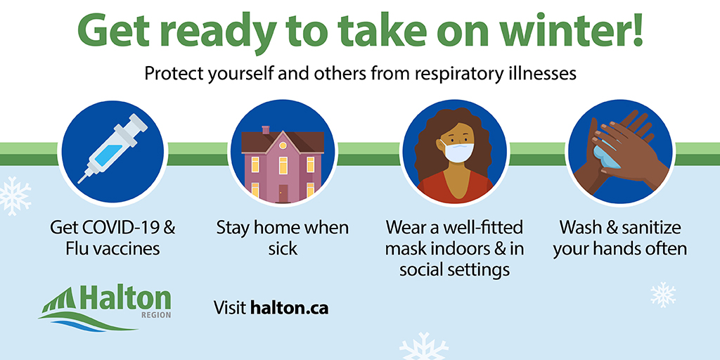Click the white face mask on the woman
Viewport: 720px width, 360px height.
[456, 151]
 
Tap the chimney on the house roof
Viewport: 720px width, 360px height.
[266, 130]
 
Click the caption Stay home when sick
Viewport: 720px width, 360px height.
[282, 238]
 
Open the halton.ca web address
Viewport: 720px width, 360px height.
[289, 308]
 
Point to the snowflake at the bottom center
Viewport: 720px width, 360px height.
[423, 347]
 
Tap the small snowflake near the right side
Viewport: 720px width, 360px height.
[662, 294]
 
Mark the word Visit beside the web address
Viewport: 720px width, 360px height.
[229, 308]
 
